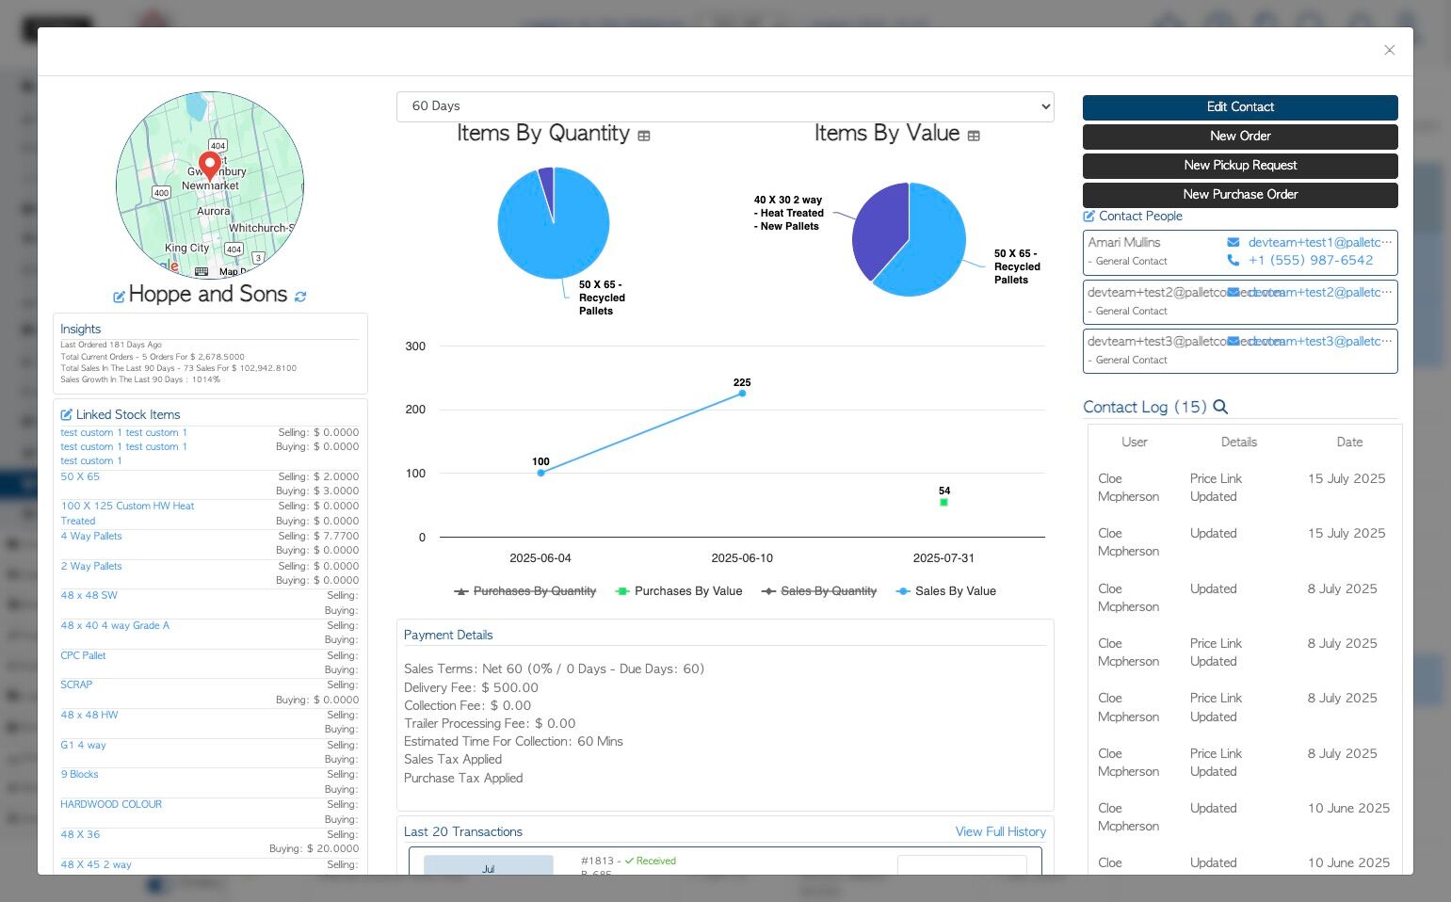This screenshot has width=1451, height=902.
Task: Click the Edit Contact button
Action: click(x=1239, y=107)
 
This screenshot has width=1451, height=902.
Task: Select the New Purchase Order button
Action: click(x=1239, y=195)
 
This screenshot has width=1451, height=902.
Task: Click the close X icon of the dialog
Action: click(x=1389, y=50)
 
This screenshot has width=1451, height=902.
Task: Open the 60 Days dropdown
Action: click(x=724, y=106)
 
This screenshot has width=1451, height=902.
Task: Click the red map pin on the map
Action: click(x=210, y=164)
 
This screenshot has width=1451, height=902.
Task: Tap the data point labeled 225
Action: click(x=742, y=393)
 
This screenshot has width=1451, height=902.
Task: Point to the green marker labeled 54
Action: click(x=943, y=503)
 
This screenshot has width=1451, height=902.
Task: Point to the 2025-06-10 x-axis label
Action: click(x=742, y=558)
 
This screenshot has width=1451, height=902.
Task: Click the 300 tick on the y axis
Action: click(x=415, y=346)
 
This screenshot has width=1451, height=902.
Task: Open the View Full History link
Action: click(x=1000, y=832)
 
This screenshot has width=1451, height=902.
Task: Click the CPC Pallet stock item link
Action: click(x=83, y=655)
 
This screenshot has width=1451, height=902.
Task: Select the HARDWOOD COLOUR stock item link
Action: click(x=111, y=805)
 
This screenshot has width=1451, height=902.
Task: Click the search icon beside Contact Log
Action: click(x=1220, y=407)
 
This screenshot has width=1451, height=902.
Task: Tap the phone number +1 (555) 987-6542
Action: click(x=1310, y=261)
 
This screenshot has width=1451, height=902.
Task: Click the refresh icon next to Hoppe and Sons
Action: click(x=300, y=297)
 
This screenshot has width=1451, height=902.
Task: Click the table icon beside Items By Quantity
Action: click(x=644, y=136)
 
